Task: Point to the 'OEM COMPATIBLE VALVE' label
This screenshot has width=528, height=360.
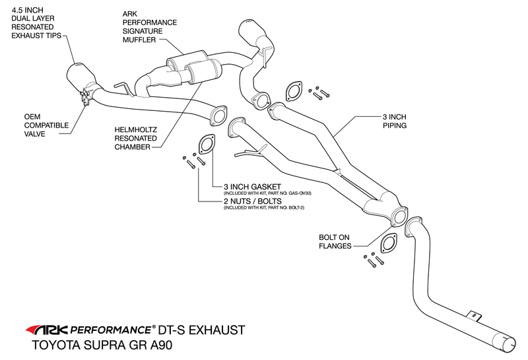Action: coord(46,124)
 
